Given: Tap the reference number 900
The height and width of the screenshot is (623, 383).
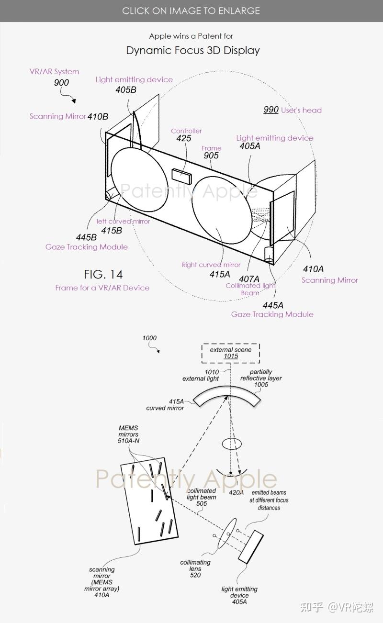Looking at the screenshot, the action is pos(61,83).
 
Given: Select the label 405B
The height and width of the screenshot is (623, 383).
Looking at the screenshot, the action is pos(126,90).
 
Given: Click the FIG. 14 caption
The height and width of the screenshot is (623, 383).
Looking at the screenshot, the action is pos(103,275).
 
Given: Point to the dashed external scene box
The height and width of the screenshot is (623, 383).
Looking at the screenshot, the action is pos(230,353).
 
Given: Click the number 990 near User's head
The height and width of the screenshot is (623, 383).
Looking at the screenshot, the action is pos(271,110).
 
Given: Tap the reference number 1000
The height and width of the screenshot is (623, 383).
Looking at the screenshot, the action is pos(149,338).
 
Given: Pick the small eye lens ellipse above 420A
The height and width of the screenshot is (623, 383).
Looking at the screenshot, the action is pos(232,444).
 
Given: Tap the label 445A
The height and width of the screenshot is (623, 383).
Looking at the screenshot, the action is pos(273,305).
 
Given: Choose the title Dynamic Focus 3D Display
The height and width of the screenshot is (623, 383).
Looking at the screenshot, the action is pos(193,50).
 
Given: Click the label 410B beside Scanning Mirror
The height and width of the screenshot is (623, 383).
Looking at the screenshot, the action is pos(98,117).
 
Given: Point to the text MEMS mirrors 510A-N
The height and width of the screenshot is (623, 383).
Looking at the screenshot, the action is pos(129,434).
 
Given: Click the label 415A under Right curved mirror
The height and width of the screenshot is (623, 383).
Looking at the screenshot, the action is pos(220,275).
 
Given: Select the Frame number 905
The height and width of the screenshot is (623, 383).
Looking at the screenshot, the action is pos(211,156).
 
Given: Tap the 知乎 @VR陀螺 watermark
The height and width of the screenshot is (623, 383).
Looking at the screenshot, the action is pos(337,607).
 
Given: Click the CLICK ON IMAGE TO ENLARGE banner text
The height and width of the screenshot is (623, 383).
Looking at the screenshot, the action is pos(191,11).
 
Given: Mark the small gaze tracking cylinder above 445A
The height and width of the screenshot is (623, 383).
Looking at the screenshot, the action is pos(269,255).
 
